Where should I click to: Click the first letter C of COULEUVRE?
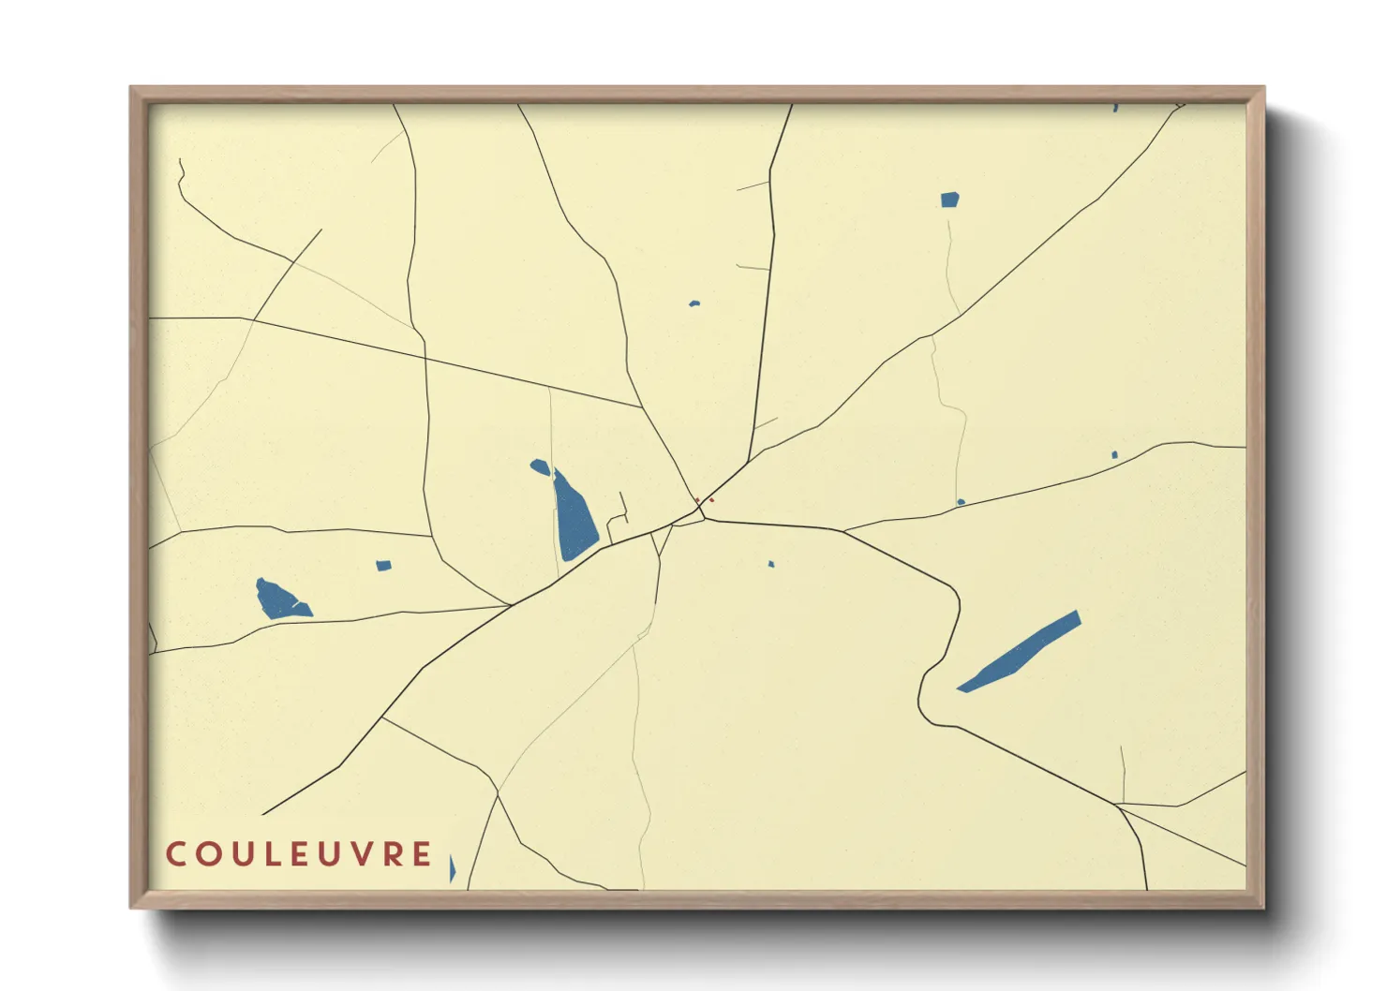[x=175, y=854]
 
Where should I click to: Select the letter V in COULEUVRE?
[x=359, y=854]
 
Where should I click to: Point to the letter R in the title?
[x=392, y=854]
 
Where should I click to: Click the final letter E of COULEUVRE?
[x=423, y=854]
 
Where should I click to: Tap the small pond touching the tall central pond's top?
[x=540, y=466]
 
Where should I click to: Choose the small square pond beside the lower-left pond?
[x=383, y=566]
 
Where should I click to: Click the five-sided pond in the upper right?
[x=949, y=200]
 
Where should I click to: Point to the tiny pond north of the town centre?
[x=694, y=303]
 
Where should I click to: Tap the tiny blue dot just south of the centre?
[x=771, y=564]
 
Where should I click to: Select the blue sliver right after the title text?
[x=452, y=868]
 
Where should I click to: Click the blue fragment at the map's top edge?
[x=1115, y=108]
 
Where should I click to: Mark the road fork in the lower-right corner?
[x=1119, y=805]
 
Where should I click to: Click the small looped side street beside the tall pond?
[x=618, y=521]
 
